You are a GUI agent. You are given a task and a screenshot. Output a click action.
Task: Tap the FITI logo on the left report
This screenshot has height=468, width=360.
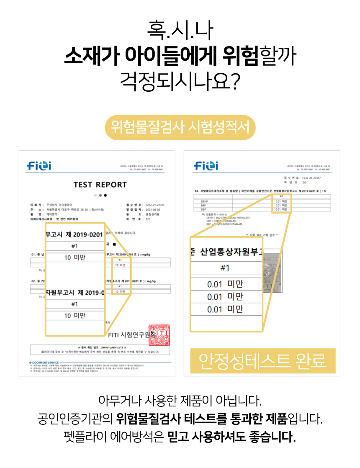coord(39,166)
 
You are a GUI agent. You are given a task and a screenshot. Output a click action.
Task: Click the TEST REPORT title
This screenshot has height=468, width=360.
coord(100,185)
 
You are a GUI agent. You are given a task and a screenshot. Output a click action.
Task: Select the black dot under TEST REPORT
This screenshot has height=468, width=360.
coord(105,195)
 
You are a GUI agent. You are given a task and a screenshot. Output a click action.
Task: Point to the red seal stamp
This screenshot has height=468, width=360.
coord(159,335)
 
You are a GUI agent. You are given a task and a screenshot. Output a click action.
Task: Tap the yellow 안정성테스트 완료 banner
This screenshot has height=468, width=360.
coord(263,360)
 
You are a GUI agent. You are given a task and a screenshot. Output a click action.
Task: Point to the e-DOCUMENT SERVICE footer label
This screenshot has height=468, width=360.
coord(44,362)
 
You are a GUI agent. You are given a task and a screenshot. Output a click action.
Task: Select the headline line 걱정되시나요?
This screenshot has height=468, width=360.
coord(180,80)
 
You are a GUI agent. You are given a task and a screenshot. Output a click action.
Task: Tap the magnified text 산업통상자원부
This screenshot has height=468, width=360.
coord(231,252)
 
